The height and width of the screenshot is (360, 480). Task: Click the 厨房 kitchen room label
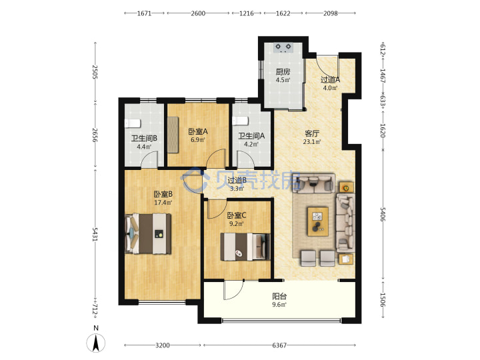pos(283,71)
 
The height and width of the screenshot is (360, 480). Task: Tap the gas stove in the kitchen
pos(283,47)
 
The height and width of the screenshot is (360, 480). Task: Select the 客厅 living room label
pos(312,133)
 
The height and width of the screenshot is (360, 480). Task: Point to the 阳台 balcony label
pos(279,296)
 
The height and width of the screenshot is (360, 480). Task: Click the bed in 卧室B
pos(148,233)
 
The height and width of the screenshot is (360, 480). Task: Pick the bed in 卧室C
pos(245,247)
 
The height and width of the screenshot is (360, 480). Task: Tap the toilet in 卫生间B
pos(133,123)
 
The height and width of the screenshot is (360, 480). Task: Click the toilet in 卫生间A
pos(240,121)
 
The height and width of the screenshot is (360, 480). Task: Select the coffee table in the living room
pos(318,221)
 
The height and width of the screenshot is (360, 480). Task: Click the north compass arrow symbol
pos(96,343)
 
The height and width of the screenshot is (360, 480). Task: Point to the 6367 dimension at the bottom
pos(279,345)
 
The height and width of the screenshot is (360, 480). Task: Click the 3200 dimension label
pos(162,345)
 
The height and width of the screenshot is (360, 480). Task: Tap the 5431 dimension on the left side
pos(95,234)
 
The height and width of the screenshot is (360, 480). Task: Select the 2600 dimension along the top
pos(198,13)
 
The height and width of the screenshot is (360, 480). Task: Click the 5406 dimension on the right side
pos(383,214)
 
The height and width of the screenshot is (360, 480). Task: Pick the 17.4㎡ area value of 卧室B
pos(163,203)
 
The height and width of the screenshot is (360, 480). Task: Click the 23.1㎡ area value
pos(312,142)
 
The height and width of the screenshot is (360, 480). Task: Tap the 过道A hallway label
pos(330,79)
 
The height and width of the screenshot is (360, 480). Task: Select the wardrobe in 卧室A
pos(173,135)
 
